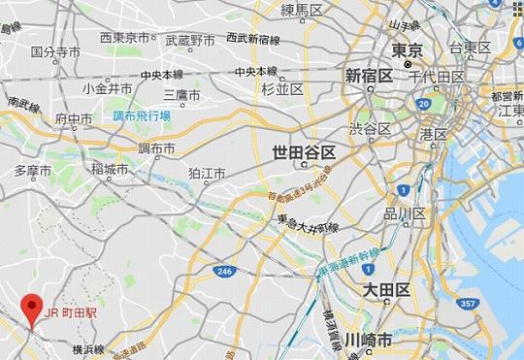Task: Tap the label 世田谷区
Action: (304, 152)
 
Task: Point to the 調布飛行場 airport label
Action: (141, 115)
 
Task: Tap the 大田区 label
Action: (386, 290)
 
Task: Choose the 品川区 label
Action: (406, 213)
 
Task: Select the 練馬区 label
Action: (301, 10)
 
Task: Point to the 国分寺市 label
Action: (55, 50)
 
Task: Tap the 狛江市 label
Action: (207, 173)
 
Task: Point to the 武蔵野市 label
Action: (190, 40)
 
